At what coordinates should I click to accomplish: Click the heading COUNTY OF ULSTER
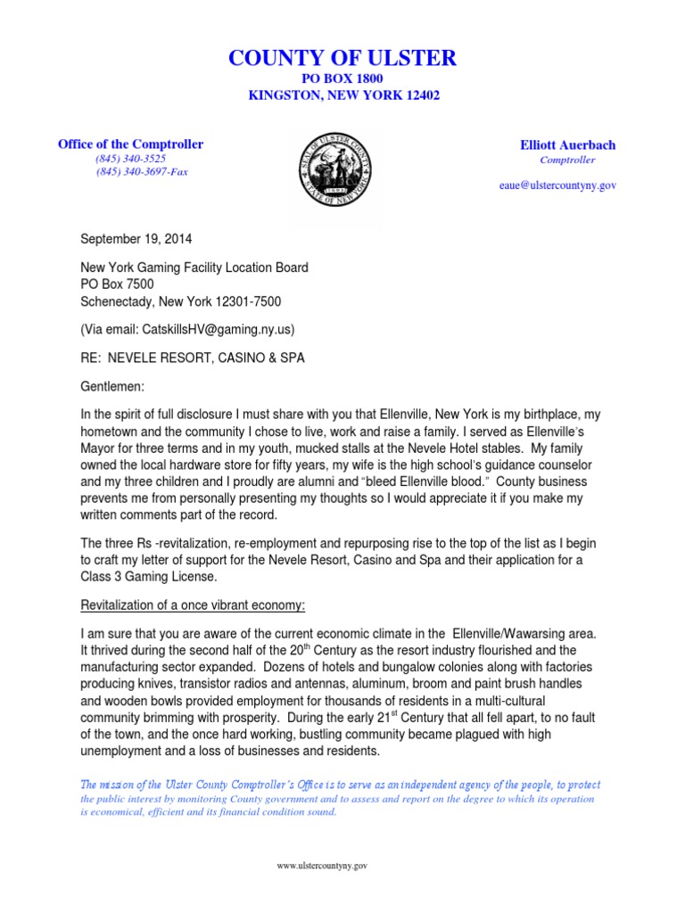pyautogui.click(x=342, y=59)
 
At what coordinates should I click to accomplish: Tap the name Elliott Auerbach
pyautogui.click(x=567, y=144)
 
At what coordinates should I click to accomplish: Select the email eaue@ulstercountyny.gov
pyautogui.click(x=557, y=185)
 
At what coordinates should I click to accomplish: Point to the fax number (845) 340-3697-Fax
pyautogui.click(x=142, y=171)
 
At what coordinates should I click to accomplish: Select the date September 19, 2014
pyautogui.click(x=136, y=240)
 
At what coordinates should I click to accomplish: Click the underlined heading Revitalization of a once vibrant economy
pyautogui.click(x=193, y=605)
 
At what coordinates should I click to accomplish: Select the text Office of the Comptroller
pyautogui.click(x=130, y=144)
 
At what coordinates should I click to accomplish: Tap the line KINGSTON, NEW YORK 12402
pyautogui.click(x=342, y=95)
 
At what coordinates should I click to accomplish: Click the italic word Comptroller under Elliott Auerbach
pyautogui.click(x=567, y=160)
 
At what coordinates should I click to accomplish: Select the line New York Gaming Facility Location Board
pyautogui.click(x=194, y=267)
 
